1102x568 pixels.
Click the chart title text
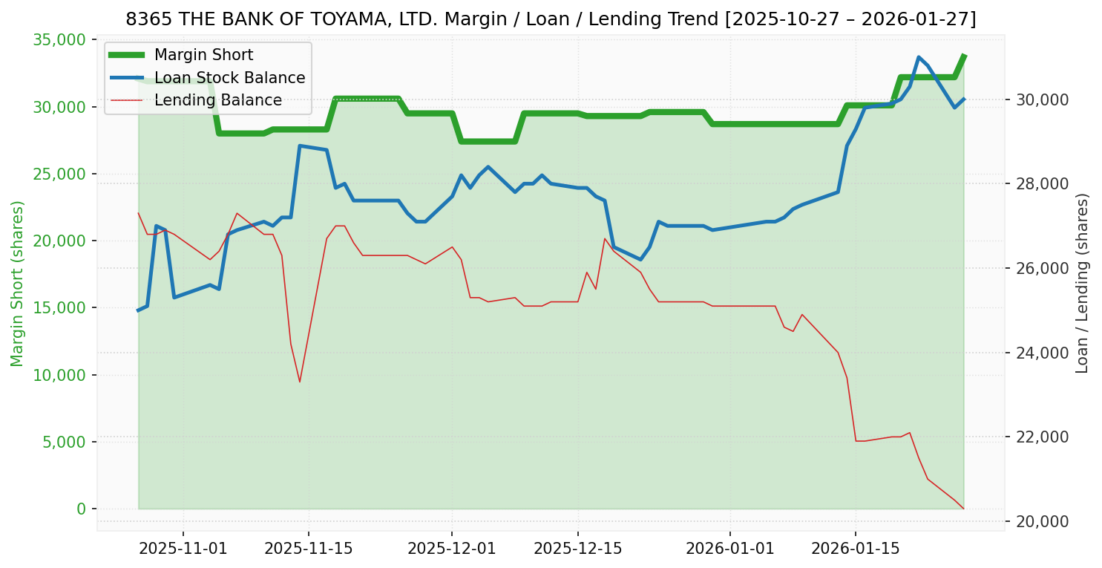[x=551, y=19]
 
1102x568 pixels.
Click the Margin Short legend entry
[x=203, y=55]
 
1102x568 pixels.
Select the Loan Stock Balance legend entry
[x=229, y=78]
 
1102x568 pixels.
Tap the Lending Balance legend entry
[x=217, y=100]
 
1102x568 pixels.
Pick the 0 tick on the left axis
[x=81, y=509]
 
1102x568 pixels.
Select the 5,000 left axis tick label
[x=63, y=442]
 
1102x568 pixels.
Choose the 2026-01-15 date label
[x=855, y=549]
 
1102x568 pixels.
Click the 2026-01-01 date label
[x=729, y=549]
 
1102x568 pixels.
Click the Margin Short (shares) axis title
[x=18, y=284]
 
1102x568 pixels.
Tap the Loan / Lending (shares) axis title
[x=1082, y=284]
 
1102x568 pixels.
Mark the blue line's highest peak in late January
[x=919, y=57]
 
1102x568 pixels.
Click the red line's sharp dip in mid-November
[x=300, y=382]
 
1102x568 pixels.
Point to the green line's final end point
[x=963, y=56]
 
